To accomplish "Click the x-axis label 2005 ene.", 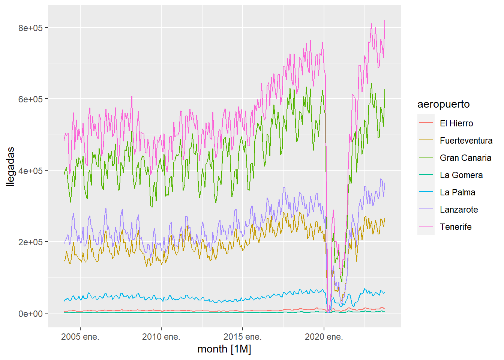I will coord(80,337).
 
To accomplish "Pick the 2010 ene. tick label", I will coord(161,337).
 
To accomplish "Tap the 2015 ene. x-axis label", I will coord(242,337).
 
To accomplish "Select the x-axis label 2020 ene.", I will coord(324,337).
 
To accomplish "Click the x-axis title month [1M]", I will coord(224,349).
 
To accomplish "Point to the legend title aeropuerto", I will coord(443,104).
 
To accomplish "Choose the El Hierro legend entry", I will coord(456,123).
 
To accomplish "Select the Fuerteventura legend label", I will coord(466,141).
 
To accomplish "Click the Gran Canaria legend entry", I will coord(465,158).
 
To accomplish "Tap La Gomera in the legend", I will coord(461,175).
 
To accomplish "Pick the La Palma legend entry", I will coord(457,192).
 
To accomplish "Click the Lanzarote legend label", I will coord(459,210).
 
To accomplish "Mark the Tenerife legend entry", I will coord(455,227).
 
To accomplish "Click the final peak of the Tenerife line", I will coord(385,21).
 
